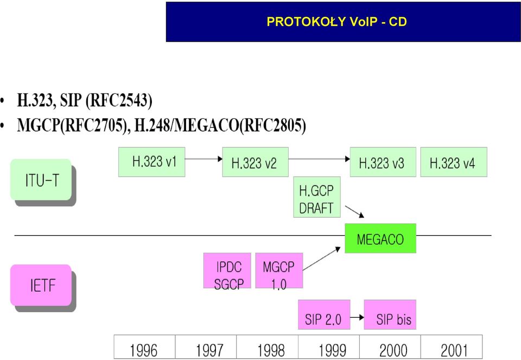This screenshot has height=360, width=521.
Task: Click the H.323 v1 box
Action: coord(151,162)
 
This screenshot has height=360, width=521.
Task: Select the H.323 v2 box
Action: coord(255,162)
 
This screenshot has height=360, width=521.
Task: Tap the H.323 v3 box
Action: coord(383,162)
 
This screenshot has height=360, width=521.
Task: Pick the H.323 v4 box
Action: coord(454,162)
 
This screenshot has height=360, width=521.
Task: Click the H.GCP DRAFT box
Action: coord(317,197)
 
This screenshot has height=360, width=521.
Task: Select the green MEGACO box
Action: coord(380,238)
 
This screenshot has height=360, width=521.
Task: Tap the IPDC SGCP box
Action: coord(227,270)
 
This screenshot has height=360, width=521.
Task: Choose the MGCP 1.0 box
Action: coord(279,270)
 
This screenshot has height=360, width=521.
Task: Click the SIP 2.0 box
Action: coord(324,314)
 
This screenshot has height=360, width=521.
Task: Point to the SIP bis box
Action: coord(390,314)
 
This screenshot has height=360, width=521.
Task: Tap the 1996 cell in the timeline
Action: coord(144,347)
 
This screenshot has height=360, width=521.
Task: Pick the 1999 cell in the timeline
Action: coord(329,347)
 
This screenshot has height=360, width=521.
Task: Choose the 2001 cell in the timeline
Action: coord(452,347)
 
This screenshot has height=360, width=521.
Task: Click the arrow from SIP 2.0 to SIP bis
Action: coord(357,318)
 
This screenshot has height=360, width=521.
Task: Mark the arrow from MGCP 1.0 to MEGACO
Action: coord(322,258)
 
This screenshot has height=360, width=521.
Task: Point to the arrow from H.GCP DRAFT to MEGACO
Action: coord(354,212)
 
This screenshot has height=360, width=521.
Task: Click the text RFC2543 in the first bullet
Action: coord(117,100)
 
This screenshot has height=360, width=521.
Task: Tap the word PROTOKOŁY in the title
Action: coord(306,22)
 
